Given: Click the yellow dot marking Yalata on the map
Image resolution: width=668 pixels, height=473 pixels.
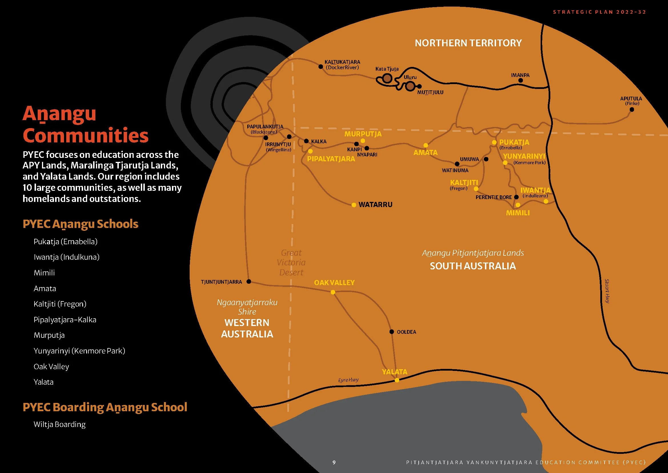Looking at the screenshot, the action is (x=397, y=380).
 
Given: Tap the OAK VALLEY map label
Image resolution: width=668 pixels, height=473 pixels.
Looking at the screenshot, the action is (x=334, y=283).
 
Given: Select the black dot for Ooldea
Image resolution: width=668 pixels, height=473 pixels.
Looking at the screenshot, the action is (x=392, y=332).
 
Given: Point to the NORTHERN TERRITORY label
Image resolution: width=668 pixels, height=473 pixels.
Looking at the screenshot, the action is (x=468, y=43).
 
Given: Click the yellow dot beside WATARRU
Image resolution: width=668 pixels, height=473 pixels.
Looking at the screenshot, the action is (x=354, y=205).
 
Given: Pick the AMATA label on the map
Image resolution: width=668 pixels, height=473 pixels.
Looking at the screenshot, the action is (x=425, y=152).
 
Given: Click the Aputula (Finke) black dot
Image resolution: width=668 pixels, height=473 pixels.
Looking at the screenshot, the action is (x=632, y=110).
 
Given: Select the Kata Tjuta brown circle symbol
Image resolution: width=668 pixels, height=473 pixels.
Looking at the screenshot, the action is (x=387, y=78).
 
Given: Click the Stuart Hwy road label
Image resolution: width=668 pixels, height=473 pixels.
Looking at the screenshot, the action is (x=607, y=291).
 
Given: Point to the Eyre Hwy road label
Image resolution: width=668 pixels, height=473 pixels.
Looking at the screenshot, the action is (x=348, y=380).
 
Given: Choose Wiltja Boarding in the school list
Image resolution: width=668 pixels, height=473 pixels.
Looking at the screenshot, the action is (x=60, y=424).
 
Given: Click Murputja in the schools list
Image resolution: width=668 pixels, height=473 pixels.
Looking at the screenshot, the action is (x=49, y=335).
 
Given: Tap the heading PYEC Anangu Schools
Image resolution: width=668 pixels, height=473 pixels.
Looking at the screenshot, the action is (x=80, y=224).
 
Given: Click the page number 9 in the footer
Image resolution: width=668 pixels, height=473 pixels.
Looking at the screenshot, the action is (x=334, y=462).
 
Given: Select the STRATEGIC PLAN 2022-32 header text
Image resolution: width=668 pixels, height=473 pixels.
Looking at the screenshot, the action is (x=599, y=12).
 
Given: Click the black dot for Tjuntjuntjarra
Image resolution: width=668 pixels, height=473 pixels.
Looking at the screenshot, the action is (x=249, y=281).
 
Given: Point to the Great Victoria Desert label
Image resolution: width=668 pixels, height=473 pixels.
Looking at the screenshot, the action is (x=291, y=263).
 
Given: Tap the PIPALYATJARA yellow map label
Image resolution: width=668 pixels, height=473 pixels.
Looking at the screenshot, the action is (x=331, y=159).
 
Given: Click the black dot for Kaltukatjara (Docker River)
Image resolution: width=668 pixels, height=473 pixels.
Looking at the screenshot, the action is (x=321, y=67).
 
